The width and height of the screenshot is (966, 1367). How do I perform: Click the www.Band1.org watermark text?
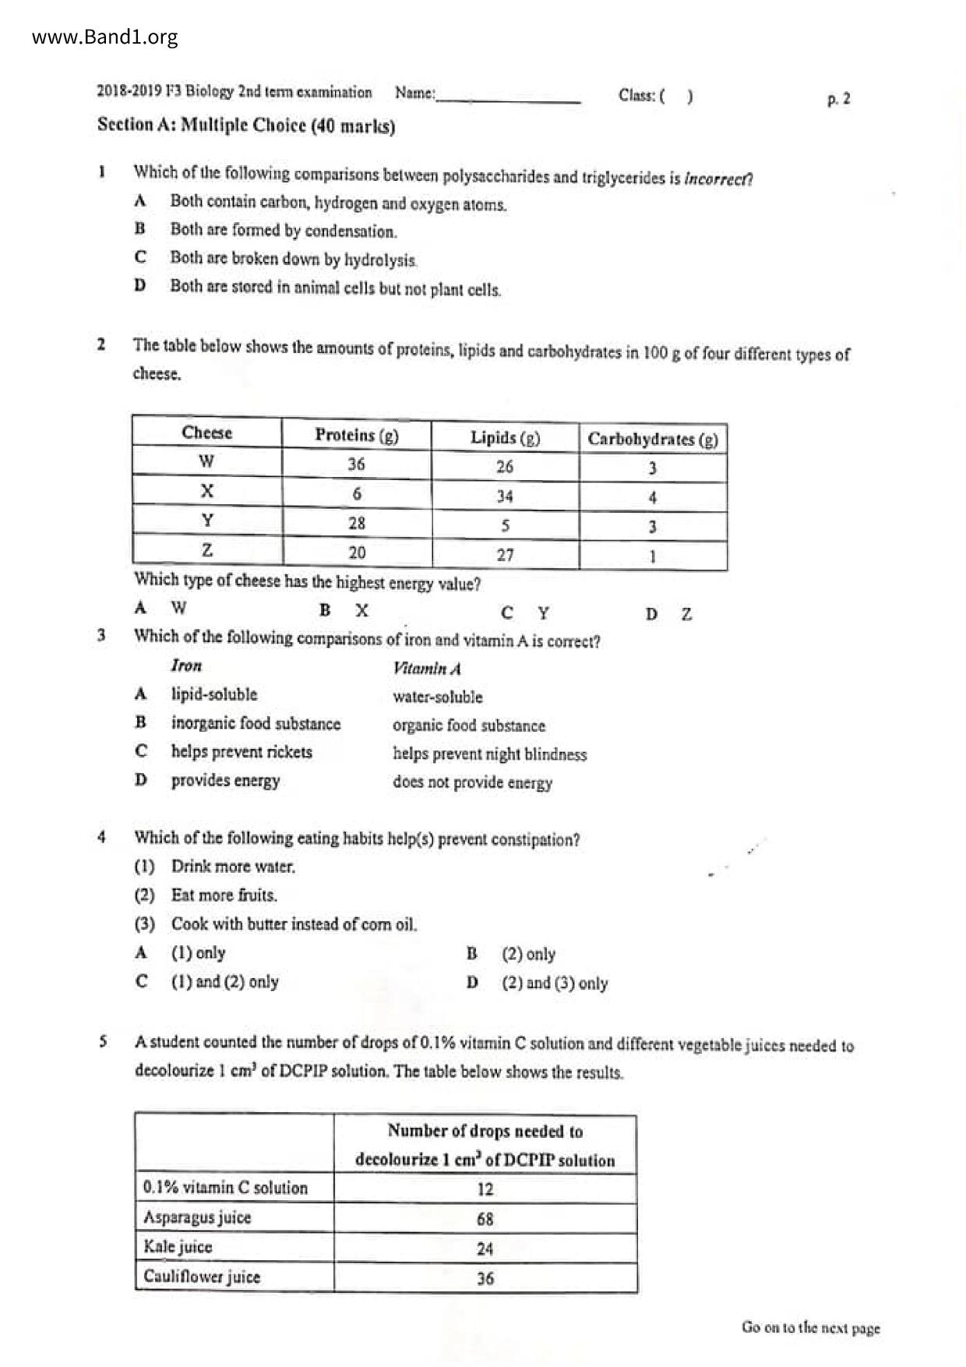pos(105,37)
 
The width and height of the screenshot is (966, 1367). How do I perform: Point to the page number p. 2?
pos(838,99)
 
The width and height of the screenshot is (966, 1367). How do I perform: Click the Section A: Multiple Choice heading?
pos(246,125)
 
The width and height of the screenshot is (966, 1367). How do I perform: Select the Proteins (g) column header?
pos(356,435)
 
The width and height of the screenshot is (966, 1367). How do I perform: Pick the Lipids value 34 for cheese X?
pos(505,496)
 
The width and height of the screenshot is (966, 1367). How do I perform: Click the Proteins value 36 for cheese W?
pos(356,464)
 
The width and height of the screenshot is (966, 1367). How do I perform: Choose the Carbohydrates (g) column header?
pos(653,439)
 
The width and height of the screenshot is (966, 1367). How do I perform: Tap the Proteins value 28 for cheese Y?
pos(357,523)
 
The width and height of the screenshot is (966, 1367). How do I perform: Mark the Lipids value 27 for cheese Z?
pos(505,555)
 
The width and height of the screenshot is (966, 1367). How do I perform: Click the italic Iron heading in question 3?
pos(186,666)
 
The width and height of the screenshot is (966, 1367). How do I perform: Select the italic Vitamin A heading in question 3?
pos(427,669)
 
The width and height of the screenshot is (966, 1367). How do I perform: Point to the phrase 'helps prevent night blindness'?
pos(489,754)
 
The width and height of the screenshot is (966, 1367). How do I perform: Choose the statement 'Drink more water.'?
pos(233,867)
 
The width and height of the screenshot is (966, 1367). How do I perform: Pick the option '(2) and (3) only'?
pos(555,983)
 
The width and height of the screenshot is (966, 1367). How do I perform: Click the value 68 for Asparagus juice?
pos(485,1219)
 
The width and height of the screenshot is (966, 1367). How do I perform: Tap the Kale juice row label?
pos(178,1246)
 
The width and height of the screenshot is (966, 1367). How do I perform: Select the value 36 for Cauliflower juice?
pos(485,1278)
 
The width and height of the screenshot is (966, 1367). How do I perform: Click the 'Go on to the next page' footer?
pos(810,1327)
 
